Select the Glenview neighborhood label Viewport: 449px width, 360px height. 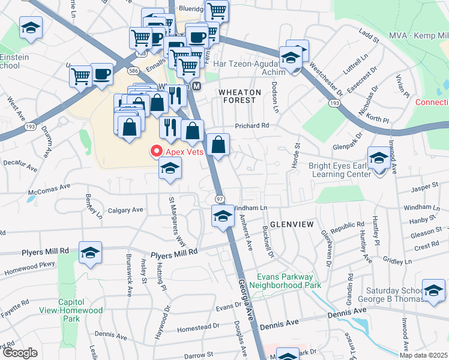click(292, 224)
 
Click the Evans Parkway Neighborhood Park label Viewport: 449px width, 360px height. click(285, 281)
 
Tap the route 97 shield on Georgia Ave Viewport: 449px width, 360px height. click(220, 198)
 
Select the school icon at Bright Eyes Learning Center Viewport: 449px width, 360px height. click(379, 159)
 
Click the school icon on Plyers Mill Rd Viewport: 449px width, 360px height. click(90, 253)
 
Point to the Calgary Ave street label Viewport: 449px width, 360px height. click(125, 210)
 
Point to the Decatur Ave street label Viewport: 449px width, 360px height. click(20, 163)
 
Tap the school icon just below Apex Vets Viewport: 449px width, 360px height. click(170, 170)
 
